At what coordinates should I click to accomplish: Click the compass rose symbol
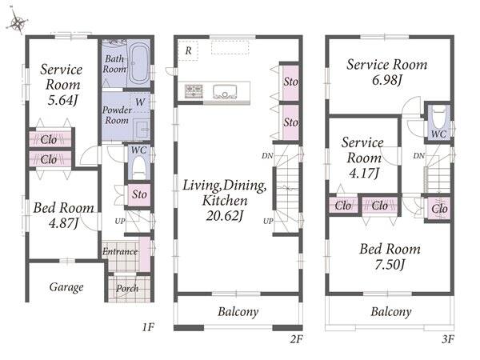click(17, 22)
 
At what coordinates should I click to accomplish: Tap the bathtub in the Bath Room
click(139, 64)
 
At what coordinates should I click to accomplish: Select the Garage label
click(66, 287)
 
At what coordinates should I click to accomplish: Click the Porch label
click(127, 288)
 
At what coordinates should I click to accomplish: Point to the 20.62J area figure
click(225, 216)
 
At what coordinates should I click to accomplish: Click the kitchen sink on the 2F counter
click(225, 91)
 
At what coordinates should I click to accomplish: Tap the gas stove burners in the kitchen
click(194, 91)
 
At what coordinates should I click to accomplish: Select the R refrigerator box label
click(188, 50)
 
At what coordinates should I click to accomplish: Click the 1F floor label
click(148, 327)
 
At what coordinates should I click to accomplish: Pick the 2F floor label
click(296, 339)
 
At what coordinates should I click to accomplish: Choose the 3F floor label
click(448, 339)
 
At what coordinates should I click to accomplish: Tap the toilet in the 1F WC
click(138, 168)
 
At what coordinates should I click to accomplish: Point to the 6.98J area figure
click(386, 80)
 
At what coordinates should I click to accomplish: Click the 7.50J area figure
click(390, 264)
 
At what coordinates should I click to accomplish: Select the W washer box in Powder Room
click(140, 102)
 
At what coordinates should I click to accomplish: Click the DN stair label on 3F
click(418, 155)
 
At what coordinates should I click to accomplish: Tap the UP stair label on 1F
click(120, 221)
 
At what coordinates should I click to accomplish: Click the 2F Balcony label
click(238, 312)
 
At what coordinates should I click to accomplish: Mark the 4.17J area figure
click(364, 173)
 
